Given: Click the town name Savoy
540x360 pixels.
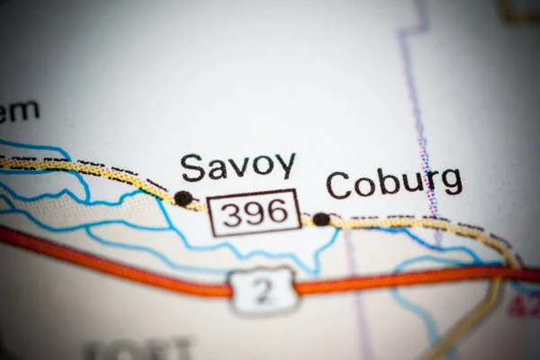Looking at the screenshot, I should coord(238,166).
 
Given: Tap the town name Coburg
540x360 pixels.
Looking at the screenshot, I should coord(394,183).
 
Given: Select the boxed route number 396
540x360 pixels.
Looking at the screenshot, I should coord(255,212).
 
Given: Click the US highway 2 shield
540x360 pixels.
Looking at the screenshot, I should coord(262,288).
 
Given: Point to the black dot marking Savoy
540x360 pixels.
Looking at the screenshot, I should coord(184,198).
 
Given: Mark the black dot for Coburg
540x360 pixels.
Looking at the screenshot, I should coord(321,219).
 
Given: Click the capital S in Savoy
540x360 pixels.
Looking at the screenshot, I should coord(192,167).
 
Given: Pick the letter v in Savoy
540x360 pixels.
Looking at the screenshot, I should coord(238,167).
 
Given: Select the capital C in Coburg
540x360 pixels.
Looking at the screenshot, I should coord(338,185).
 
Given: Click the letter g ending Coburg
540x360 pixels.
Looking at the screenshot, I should coord(451,183).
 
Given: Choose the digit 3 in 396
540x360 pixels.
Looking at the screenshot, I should coord(229,213).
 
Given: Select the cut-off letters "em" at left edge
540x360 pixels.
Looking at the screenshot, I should coord(20,112).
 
